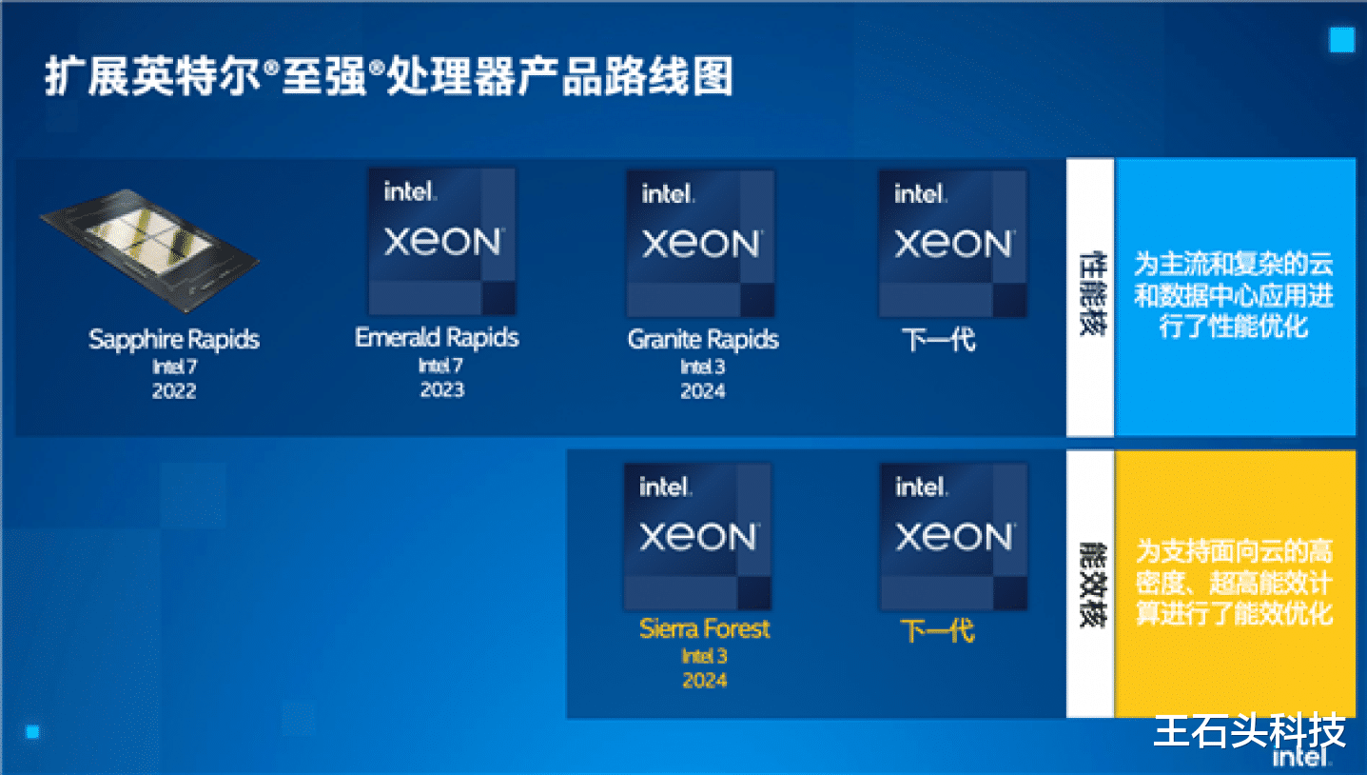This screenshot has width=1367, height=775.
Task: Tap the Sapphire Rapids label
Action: pyautogui.click(x=174, y=340)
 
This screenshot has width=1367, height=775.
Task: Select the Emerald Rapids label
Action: pyautogui.click(x=438, y=338)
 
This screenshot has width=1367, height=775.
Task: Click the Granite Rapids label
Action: pyautogui.click(x=703, y=340)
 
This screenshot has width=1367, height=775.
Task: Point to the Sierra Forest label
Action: pyautogui.click(x=705, y=629)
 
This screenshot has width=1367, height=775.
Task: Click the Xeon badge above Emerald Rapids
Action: pyautogui.click(x=442, y=242)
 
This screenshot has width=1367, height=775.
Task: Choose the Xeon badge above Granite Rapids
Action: pyautogui.click(x=700, y=244)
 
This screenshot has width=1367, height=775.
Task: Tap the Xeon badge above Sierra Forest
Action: pyautogui.click(x=697, y=536)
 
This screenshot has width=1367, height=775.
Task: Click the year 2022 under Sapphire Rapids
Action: pyautogui.click(x=174, y=391)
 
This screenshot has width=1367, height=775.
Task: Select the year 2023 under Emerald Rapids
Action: pyautogui.click(x=442, y=389)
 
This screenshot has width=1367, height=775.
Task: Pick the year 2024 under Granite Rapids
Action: pyautogui.click(x=703, y=391)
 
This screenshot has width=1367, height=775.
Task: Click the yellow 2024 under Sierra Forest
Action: pyautogui.click(x=705, y=681)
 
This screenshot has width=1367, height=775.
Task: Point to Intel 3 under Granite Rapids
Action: pyautogui.click(x=703, y=367)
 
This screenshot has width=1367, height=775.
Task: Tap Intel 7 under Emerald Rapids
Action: pyautogui.click(x=440, y=366)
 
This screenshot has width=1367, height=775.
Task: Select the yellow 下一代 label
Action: pyautogui.click(x=939, y=630)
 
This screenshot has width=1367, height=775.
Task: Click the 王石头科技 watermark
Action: pyautogui.click(x=1250, y=730)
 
